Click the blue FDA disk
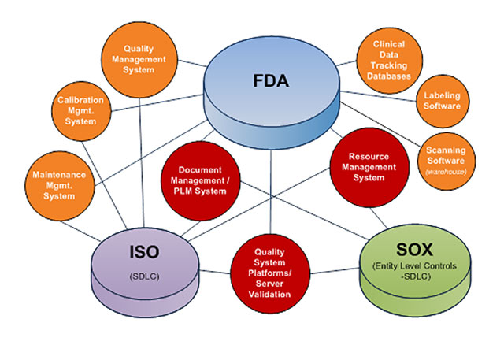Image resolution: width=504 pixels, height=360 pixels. click(271, 102)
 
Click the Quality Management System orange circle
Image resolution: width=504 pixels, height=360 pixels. click(139, 58)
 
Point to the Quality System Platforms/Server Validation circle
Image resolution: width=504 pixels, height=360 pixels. click(271, 273)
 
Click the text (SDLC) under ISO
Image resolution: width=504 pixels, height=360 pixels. click(144, 276)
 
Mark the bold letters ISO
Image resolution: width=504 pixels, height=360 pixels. click(144, 252)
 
